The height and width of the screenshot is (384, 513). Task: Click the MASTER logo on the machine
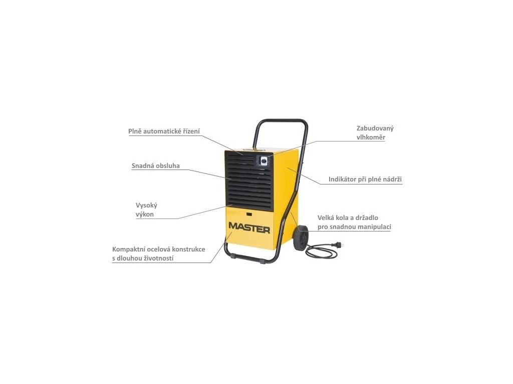click(249, 227)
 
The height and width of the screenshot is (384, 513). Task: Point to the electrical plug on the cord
click(342, 245)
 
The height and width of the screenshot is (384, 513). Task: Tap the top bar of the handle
click(283, 120)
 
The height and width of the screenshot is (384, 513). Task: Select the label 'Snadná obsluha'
click(156, 165)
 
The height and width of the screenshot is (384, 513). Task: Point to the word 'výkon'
click(145, 214)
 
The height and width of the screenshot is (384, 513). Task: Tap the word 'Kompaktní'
click(129, 249)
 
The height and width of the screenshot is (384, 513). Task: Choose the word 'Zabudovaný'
click(375, 128)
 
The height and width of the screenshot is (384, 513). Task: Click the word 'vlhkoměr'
click(371, 137)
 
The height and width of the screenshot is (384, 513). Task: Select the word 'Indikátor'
click(343, 179)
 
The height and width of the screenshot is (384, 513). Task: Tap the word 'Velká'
click(327, 217)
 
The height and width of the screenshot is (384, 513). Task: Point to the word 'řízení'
click(191, 131)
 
